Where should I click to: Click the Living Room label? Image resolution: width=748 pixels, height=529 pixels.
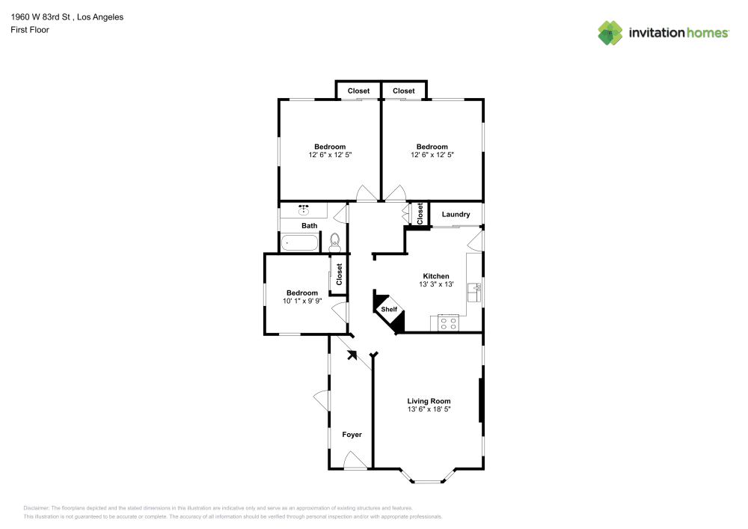coord(429,401)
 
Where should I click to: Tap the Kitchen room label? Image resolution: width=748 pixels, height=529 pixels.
coord(436,276)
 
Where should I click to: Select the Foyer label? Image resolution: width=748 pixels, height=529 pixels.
coord(352,435)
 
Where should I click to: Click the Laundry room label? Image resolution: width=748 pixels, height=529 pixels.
coord(456,214)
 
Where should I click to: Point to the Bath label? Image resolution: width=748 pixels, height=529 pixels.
coord(309,226)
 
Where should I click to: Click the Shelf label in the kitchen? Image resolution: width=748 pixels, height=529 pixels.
coord(389,309)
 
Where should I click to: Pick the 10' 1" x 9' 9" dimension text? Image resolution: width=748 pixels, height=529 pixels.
coord(302,301)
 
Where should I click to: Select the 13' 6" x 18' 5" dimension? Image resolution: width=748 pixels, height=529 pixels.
coord(429,409)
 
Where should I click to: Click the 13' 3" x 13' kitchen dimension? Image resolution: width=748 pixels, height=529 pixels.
coord(436,284)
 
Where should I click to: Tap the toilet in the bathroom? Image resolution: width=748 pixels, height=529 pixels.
coord(334,242)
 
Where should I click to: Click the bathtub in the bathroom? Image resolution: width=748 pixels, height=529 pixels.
coord(300,242)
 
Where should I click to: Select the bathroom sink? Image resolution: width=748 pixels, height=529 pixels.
coord(304,210)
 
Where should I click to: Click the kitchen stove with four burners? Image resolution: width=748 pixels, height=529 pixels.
coord(448,323)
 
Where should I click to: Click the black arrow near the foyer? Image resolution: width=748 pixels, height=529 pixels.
coord(352,355)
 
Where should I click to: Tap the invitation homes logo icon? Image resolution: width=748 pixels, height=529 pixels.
coord(610,33)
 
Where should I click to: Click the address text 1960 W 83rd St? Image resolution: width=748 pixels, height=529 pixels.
coord(40,17)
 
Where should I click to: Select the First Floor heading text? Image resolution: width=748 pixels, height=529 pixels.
coord(30,30)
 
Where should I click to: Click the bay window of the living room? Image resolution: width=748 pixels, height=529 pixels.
coord(427,478)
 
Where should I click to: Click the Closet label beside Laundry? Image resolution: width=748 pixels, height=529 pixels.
coord(420,214)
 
